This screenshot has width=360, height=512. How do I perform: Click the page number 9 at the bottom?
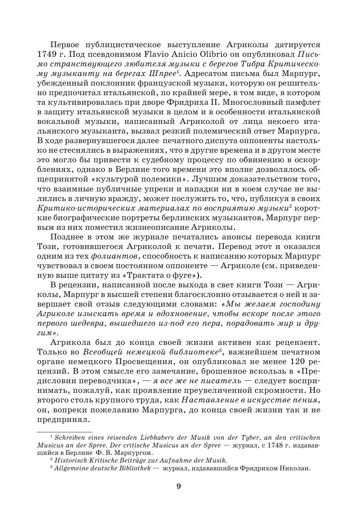point(179,486)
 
